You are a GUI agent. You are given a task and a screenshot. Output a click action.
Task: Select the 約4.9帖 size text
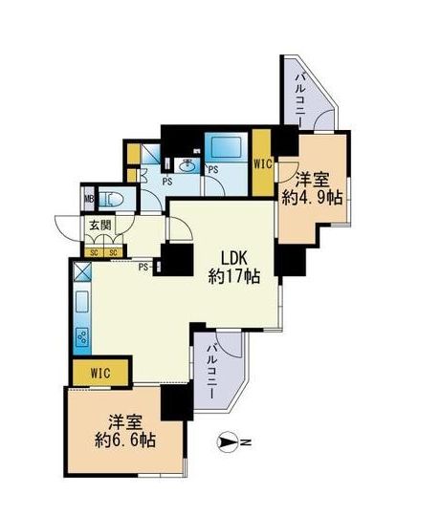(x=312, y=199)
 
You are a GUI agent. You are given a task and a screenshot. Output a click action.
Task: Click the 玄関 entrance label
(x=99, y=226)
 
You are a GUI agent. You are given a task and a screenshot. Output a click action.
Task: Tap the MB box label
(x=89, y=200)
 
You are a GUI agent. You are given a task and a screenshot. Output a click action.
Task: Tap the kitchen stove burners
(x=81, y=337)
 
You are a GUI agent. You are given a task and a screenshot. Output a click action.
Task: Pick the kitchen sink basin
(x=80, y=308)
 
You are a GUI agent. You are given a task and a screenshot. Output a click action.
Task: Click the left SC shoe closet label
(x=94, y=251)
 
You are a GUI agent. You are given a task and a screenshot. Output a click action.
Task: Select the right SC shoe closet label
(x=113, y=251)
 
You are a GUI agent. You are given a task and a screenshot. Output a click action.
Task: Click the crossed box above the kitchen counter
(x=81, y=270)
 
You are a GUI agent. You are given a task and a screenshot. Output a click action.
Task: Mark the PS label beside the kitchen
(x=143, y=267)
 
